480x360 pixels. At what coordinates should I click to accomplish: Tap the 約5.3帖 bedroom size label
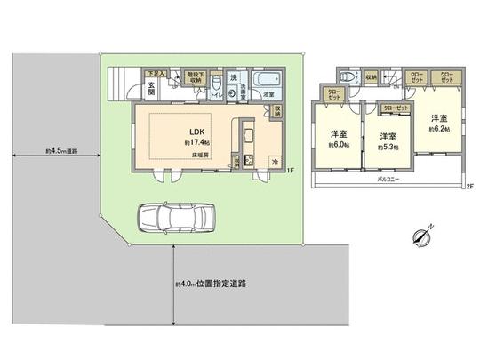pyautogui.click(x=386, y=148)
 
